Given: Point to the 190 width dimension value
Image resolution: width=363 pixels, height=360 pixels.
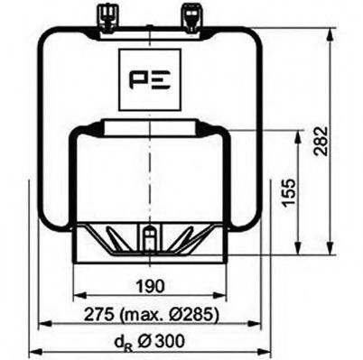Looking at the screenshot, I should [150, 286].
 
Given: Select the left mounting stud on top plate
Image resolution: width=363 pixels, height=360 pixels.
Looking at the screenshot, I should [103, 13].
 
